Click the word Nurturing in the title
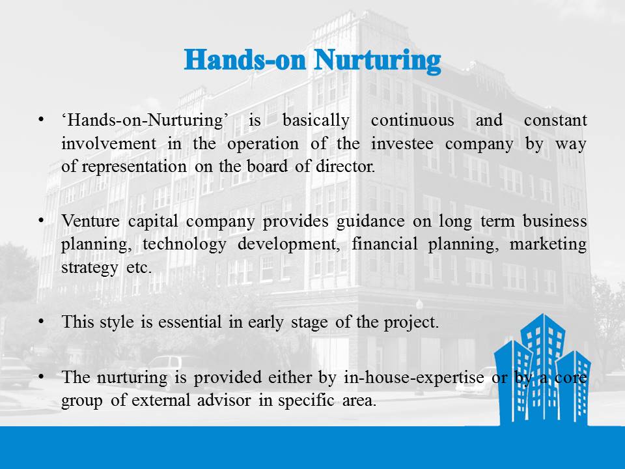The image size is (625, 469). (x=377, y=61)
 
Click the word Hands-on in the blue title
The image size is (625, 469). (x=245, y=60)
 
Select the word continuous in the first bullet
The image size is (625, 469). (x=412, y=120)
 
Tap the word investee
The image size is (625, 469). (x=402, y=143)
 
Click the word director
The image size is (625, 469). (x=345, y=166)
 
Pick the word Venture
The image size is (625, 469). (x=90, y=221)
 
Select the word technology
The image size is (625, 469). (x=184, y=244)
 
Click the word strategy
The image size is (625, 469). (x=90, y=268)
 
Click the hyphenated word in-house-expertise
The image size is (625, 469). (x=414, y=377)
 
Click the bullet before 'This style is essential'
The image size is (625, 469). (x=41, y=321)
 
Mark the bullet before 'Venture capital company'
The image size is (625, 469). (x=41, y=221)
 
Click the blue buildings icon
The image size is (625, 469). (x=542, y=369)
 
